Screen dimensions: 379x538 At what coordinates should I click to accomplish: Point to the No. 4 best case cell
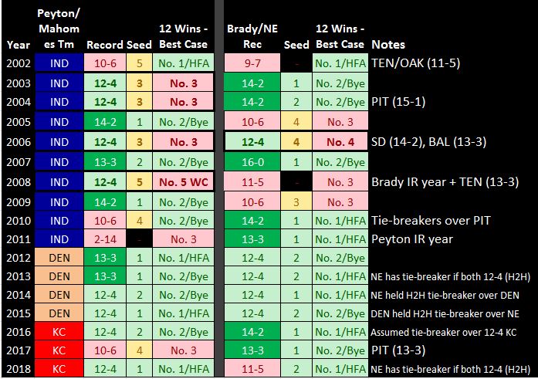pyautogui.click(x=340, y=142)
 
